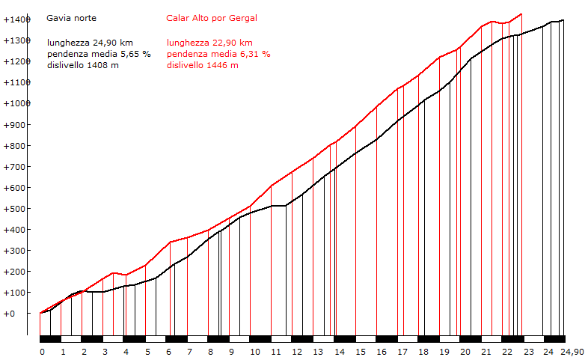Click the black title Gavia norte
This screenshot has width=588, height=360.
click(71, 17)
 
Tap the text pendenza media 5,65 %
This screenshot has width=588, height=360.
click(99, 54)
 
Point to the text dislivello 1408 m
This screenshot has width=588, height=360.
click(82, 65)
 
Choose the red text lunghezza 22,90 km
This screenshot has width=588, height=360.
click(209, 43)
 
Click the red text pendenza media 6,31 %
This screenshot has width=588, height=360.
click(218, 54)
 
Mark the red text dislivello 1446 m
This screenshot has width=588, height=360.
click(203, 65)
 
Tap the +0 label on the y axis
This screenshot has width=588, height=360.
click(9, 313)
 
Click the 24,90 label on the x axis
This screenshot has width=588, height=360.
click(573, 352)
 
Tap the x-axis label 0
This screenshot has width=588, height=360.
click(42, 352)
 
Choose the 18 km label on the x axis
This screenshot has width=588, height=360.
click(423, 352)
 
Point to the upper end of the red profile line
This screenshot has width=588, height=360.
click(521, 13)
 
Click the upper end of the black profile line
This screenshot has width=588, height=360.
click(563, 20)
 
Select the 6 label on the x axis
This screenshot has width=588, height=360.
click(168, 352)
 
